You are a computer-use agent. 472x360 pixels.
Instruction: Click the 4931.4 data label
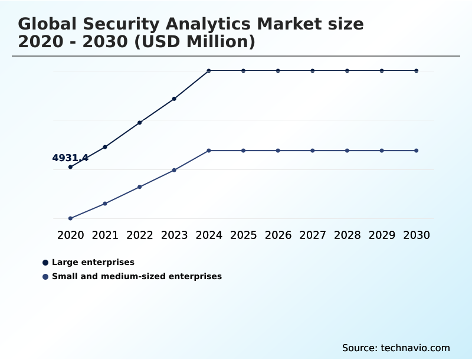[70, 158]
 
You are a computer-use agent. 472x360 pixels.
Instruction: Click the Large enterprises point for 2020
[70, 167]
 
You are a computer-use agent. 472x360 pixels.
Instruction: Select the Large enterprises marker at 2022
[140, 123]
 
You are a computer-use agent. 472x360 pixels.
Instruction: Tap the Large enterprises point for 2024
[209, 71]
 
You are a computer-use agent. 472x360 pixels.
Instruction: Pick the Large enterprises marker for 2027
[313, 71]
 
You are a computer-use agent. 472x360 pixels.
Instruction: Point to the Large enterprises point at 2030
[417, 71]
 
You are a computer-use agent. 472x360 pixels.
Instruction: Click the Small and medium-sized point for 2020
[70, 218]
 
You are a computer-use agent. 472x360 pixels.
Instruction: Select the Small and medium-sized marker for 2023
[174, 170]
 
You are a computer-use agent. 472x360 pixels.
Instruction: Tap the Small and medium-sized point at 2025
[243, 150]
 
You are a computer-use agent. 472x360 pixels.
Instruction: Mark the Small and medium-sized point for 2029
[382, 150]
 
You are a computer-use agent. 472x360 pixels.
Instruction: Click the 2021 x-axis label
[105, 235]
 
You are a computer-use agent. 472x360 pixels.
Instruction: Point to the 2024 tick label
[209, 235]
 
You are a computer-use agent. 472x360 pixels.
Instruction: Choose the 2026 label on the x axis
[278, 235]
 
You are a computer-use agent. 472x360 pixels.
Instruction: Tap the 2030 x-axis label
[417, 235]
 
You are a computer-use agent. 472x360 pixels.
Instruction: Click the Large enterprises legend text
[93, 262]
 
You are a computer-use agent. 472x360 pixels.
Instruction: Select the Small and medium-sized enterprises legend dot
[45, 276]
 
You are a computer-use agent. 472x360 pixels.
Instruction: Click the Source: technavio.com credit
[396, 348]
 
